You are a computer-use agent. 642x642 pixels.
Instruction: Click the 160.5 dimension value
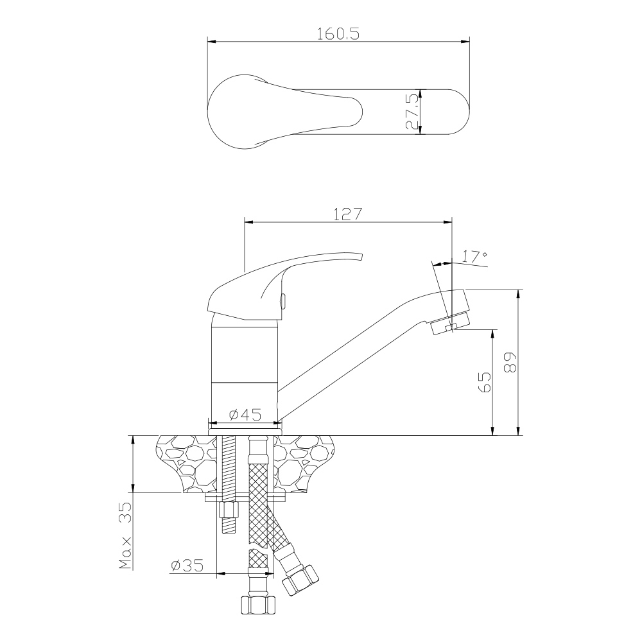click(338, 33)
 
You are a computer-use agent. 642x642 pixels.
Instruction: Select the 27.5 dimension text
click(412, 111)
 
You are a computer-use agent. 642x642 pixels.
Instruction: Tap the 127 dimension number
click(347, 214)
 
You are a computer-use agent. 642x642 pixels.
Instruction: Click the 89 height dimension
click(510, 362)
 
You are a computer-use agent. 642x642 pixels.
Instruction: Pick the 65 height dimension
click(485, 382)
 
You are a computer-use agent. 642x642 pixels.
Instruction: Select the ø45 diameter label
click(245, 415)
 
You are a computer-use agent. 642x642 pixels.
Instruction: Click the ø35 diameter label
click(187, 566)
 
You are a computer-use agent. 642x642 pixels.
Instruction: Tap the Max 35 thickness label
click(126, 536)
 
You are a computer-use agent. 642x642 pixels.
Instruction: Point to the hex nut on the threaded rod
click(229, 510)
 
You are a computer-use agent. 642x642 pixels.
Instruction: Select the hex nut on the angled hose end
click(300, 580)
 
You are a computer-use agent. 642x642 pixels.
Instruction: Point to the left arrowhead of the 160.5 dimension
click(212, 41)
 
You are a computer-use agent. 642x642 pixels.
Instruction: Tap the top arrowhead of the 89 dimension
click(519, 294)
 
